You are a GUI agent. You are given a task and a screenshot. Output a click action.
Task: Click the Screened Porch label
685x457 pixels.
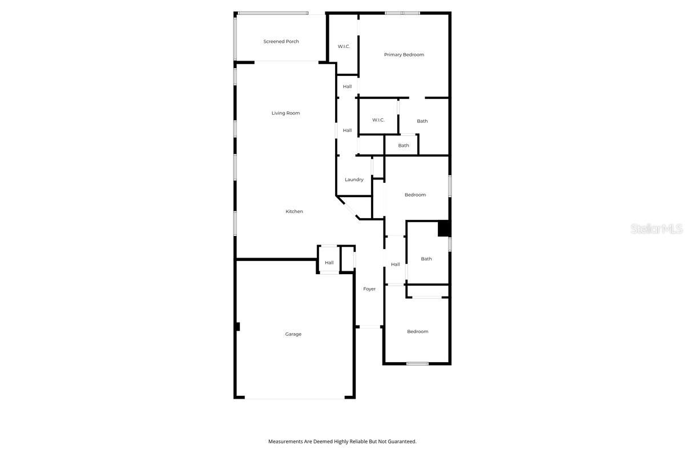tap(281, 42)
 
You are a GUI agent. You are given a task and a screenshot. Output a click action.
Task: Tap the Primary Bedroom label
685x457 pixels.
tap(404, 55)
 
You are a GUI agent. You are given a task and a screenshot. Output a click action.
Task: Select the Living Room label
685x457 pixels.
tap(285, 113)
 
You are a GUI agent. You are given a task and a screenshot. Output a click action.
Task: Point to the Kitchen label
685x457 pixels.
tap(294, 211)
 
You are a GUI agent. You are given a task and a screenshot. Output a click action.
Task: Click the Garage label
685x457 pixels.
tap(293, 334)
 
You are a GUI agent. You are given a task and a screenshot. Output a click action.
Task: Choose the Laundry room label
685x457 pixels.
tap(354, 179)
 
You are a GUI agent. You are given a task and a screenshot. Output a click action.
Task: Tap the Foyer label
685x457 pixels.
tap(369, 289)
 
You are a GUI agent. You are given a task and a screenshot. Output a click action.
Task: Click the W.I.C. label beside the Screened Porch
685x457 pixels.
tap(344, 46)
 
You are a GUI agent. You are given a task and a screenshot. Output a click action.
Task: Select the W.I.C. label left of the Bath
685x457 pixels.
tap(378, 120)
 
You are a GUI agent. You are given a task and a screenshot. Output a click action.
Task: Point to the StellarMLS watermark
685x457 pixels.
tap(656, 229)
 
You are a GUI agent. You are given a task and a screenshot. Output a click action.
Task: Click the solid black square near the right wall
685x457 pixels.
tap(444, 228)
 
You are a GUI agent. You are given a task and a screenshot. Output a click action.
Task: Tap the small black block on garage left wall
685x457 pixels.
tap(237, 327)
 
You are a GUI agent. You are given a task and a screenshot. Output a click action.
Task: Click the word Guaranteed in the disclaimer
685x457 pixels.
tap(401, 442)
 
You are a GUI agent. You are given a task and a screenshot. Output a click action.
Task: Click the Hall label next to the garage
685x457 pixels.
tap(329, 263)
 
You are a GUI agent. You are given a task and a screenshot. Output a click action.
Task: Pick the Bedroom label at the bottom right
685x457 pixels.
tap(417, 331)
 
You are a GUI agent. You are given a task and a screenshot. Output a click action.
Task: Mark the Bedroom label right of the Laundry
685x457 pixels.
tap(415, 195)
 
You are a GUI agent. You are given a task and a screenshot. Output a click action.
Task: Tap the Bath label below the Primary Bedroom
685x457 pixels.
tap(422, 121)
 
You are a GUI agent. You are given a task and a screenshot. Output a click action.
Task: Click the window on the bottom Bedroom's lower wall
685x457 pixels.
tap(417, 363)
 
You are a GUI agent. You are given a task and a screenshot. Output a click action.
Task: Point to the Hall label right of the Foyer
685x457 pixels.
tap(395, 264)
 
